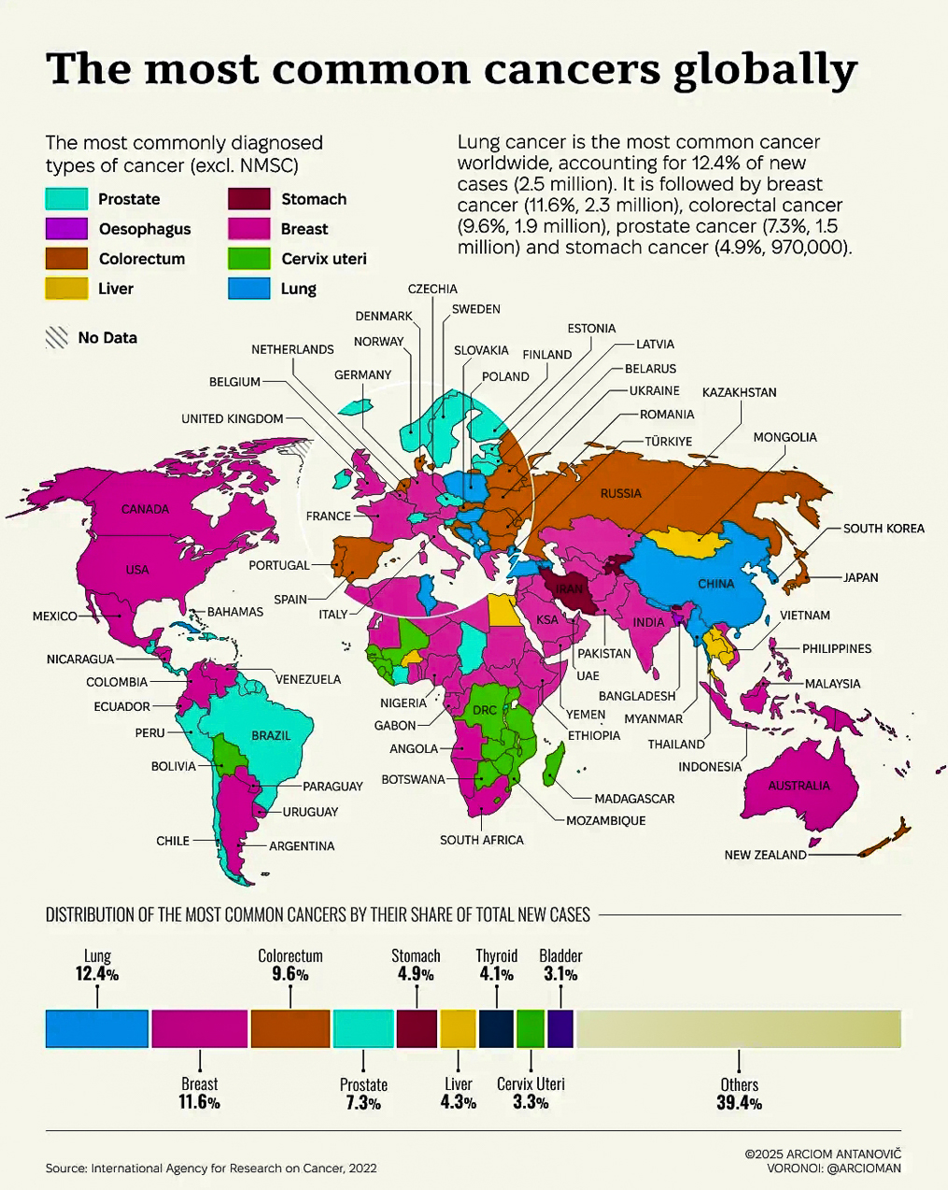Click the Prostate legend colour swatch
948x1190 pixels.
pos(66,199)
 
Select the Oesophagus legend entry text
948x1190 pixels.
pos(144,229)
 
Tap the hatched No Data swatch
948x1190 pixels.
pos(57,338)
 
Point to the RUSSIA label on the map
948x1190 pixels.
pos(620,493)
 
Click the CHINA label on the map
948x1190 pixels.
pos(715,584)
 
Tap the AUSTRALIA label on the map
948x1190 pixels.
pos(799,786)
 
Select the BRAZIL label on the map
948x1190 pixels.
pos(271,736)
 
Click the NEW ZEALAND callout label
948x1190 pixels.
pos(765,855)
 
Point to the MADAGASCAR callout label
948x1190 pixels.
pos(634,799)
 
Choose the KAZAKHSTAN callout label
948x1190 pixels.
pos(739,392)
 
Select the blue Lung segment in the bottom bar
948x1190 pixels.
pos(97,1028)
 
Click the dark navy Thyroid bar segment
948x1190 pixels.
pos(496,1028)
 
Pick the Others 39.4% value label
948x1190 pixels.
pos(739,1103)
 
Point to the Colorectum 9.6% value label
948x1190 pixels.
pos(290,974)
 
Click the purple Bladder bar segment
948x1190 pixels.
pos(560,1028)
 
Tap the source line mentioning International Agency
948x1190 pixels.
pos(211,1168)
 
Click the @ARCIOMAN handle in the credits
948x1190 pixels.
pos(864,1168)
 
